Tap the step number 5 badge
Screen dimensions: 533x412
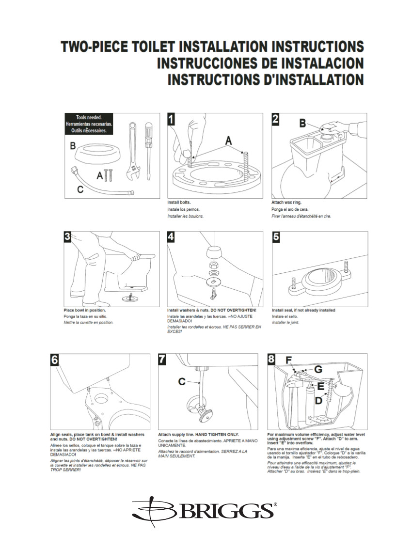(277, 237)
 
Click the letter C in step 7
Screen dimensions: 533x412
(182, 382)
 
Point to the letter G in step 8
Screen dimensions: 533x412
(318, 369)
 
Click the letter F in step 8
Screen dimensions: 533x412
(288, 360)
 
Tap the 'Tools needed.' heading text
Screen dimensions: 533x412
(89, 118)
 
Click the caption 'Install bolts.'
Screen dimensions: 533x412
(179, 202)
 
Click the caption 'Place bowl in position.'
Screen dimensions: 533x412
(85, 310)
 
